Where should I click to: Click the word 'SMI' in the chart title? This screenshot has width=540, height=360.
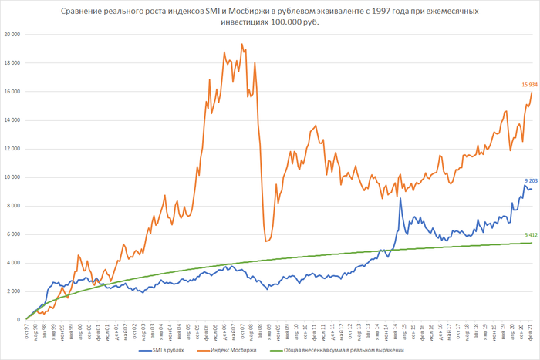pyautogui.click(x=214, y=11)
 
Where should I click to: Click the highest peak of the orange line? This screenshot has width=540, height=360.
pyautogui.click(x=241, y=45)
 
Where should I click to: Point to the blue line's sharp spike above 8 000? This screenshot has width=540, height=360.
pyautogui.click(x=400, y=199)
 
